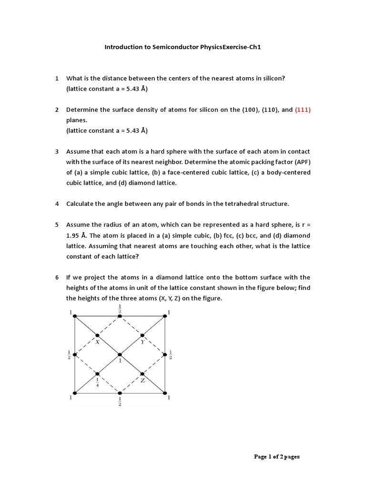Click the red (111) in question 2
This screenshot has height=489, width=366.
(x=303, y=109)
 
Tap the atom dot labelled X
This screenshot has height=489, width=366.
(x=97, y=335)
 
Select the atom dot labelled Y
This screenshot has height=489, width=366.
(x=142, y=335)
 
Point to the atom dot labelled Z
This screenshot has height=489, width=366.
(x=142, y=373)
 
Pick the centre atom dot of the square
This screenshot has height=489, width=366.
(x=120, y=354)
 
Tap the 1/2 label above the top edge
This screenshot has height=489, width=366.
(x=120, y=308)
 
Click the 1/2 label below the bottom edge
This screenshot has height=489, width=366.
(x=120, y=401)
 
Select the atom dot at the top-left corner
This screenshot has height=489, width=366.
(x=75, y=316)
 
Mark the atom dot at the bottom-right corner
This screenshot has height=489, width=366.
(x=165, y=393)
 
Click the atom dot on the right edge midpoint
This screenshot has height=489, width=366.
(x=165, y=354)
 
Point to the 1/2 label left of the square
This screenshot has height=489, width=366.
(x=69, y=354)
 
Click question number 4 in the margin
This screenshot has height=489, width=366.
(x=57, y=203)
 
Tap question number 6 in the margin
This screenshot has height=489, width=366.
(x=57, y=277)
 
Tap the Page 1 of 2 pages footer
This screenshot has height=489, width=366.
(x=277, y=457)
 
